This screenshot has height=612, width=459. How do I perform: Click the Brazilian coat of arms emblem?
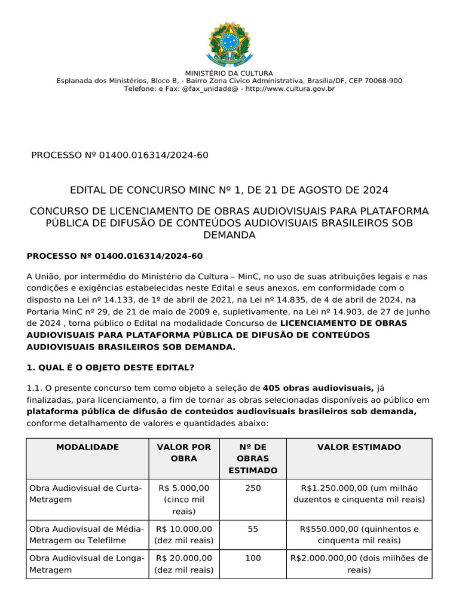(229, 44)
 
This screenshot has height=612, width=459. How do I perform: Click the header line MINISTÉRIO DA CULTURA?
(229, 73)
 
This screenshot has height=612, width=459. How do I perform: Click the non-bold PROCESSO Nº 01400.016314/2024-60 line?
(120, 155)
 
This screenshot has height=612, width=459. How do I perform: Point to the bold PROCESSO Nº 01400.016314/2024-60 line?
(115, 256)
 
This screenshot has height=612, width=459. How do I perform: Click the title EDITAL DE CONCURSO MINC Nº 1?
(229, 190)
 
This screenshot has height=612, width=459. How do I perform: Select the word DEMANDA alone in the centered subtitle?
(229, 235)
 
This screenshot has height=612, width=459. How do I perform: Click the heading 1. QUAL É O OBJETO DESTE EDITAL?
(111, 366)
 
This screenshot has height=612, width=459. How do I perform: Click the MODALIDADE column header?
(87, 447)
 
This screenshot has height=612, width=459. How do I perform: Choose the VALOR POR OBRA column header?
(183, 452)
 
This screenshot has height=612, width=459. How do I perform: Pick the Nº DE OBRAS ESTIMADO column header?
(253, 458)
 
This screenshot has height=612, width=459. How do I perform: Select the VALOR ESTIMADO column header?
(359, 447)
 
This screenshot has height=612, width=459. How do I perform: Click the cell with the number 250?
(253, 488)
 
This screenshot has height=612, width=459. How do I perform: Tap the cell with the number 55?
(253, 529)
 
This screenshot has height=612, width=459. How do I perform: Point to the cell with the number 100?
(253, 558)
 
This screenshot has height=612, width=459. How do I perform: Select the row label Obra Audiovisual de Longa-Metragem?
(87, 564)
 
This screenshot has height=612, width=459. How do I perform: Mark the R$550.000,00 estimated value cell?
(359, 534)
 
